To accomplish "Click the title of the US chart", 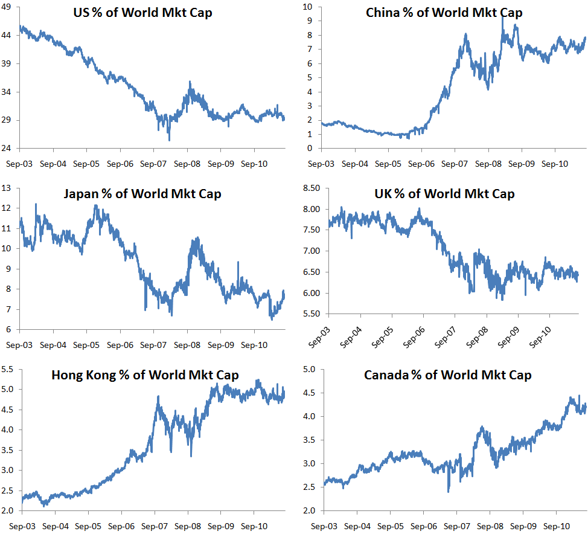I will [143, 13].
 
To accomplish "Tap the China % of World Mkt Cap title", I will [444, 13].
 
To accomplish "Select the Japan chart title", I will [143, 194].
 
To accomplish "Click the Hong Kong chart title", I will [145, 375].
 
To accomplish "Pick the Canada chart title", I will [447, 375].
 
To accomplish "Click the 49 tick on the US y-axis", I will [9, 7].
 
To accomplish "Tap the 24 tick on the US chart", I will [9, 148].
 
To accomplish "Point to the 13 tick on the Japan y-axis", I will [9, 188].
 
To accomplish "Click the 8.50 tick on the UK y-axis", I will [311, 188].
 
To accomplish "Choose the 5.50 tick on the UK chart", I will [311, 314].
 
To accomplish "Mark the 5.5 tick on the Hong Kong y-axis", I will [9, 369].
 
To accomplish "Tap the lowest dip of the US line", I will [169, 140].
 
